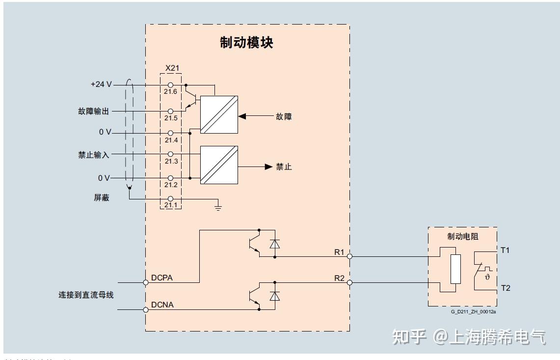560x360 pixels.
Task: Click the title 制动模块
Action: (246, 43)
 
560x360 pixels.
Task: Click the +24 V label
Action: (101, 84)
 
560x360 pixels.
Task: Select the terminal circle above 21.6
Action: (171, 85)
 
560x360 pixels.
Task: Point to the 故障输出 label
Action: (93, 111)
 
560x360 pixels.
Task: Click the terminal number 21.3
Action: (171, 161)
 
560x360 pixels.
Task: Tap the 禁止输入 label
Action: (93, 155)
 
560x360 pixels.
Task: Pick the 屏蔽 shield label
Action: (101, 197)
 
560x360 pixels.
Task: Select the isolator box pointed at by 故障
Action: (219, 114)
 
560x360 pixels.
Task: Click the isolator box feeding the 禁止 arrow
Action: (219, 165)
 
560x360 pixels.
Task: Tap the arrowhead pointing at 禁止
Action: (268, 167)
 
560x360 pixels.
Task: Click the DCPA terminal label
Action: (162, 278)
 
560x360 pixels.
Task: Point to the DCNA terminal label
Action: (162, 305)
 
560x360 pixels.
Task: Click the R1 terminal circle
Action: (349, 256)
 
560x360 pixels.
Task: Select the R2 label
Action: (339, 278)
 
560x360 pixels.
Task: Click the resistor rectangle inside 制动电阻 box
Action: (455, 269)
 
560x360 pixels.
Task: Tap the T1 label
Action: (505, 250)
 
